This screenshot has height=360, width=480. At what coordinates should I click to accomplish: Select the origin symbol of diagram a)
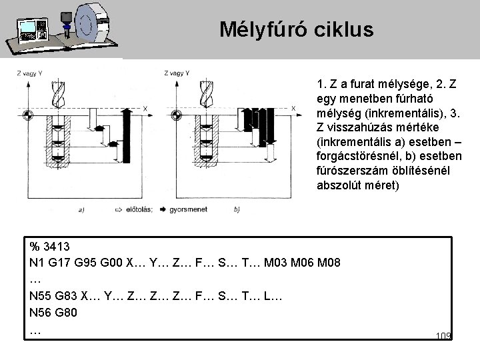click(27, 116)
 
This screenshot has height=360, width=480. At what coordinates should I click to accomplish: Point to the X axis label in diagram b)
click(294, 107)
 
